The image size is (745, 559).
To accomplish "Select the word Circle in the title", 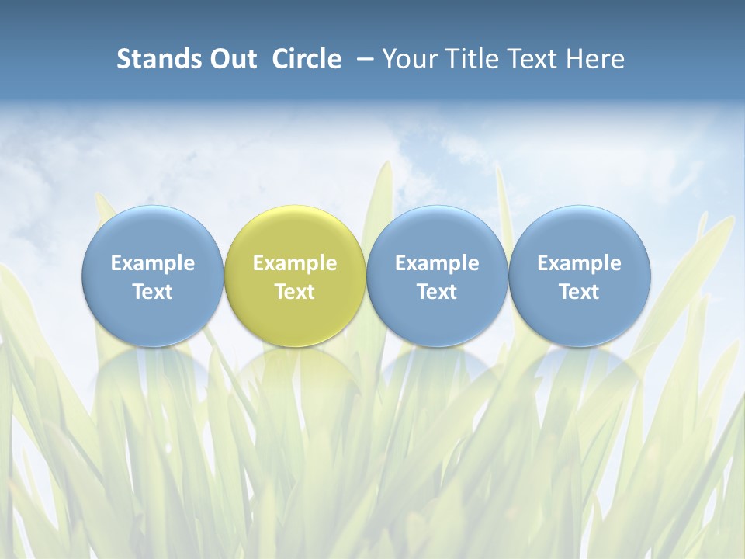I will (x=307, y=59).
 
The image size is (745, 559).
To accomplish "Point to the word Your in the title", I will (x=407, y=59).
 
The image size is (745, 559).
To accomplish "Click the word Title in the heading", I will (x=468, y=59).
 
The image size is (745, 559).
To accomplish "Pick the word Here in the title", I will (x=595, y=59).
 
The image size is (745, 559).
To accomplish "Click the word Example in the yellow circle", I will (x=295, y=263).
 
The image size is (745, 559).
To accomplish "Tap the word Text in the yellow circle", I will (x=295, y=292).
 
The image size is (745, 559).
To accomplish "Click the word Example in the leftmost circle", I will (x=152, y=263).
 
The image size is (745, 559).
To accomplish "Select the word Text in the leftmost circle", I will (x=152, y=292).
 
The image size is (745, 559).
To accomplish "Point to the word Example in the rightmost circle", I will (x=580, y=263).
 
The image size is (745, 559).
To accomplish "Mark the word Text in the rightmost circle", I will (x=580, y=292).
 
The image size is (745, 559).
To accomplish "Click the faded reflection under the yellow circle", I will (x=295, y=369).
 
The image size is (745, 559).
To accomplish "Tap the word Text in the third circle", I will (x=437, y=292).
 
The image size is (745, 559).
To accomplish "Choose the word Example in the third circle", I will (x=437, y=263).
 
